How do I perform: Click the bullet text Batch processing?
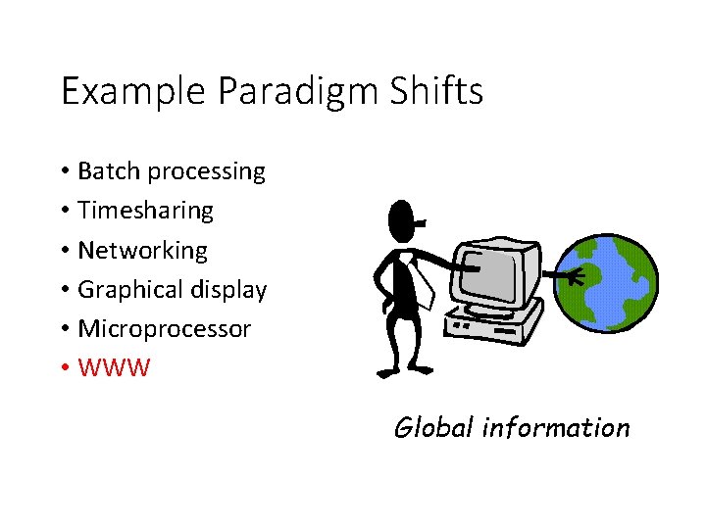[171, 171]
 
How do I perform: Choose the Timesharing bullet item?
[145, 211]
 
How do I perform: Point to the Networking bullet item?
[142, 251]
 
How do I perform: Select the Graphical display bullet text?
[172, 290]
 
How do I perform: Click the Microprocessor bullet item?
[164, 329]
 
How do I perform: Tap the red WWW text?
[114, 369]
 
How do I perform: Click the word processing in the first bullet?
[206, 172]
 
